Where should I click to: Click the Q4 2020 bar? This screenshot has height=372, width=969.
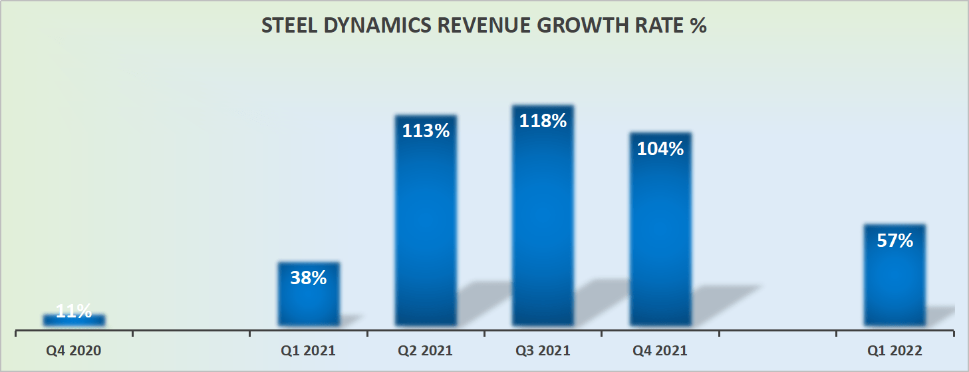[x=74, y=320]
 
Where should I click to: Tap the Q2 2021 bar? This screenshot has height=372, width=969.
[x=426, y=226]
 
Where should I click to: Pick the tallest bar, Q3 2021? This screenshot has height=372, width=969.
[x=543, y=220]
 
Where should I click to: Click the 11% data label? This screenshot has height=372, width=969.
[x=74, y=311]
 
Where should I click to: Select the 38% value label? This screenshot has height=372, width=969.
[x=309, y=278]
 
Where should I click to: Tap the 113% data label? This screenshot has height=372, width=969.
[x=426, y=130]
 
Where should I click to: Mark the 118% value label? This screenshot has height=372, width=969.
[x=543, y=121]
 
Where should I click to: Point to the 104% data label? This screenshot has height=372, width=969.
[x=660, y=149]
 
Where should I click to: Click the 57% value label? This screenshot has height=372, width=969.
[x=895, y=240]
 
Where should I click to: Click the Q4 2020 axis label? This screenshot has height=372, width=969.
[x=74, y=351]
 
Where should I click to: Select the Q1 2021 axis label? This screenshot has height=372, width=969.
[x=308, y=351]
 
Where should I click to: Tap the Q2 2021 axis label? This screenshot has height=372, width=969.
[x=426, y=351]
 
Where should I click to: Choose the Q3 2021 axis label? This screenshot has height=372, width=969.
[x=543, y=351]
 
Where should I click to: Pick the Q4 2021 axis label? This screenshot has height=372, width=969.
[x=660, y=351]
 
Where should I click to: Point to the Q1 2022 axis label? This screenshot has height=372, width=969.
[x=895, y=351]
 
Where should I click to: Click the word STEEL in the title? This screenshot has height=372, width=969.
[x=285, y=26]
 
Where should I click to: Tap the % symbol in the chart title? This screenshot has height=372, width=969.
[x=698, y=26]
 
